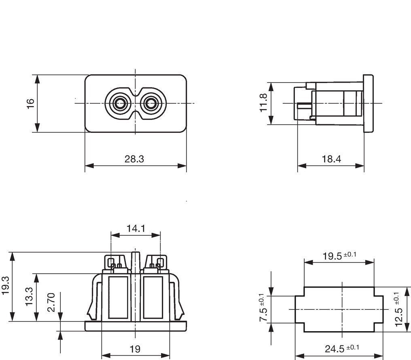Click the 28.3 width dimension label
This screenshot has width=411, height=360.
point(134,159)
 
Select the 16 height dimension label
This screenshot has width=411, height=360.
point(31,103)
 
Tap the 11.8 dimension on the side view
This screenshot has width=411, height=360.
point(263,102)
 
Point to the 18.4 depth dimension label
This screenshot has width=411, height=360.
point(331,159)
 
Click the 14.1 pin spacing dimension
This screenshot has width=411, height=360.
point(136,228)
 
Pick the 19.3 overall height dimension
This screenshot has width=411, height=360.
point(6,286)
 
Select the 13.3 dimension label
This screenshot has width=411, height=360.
point(29,296)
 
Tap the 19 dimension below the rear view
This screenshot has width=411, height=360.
point(135,349)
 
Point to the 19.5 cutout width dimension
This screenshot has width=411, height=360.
point(339,256)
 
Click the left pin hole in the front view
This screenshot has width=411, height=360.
point(120,103)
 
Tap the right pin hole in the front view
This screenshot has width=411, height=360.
point(150,103)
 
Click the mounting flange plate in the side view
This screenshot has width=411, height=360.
point(368,103)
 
